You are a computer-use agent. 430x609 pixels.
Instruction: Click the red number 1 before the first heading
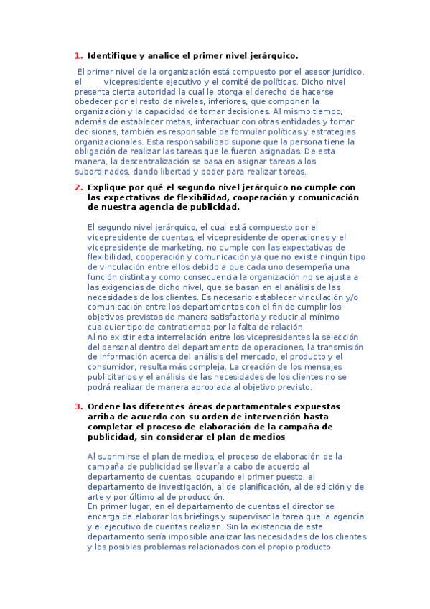pyautogui.click(x=78, y=55)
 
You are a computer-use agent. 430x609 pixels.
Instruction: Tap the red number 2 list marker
pyautogui.click(x=78, y=187)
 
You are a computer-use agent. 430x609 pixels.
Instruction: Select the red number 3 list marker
pyautogui.click(x=78, y=406)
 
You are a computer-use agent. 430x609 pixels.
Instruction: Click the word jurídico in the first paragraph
pyautogui.click(x=347, y=72)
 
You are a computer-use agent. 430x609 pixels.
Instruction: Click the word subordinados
pyautogui.click(x=102, y=172)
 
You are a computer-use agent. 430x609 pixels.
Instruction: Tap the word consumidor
pyautogui.click(x=113, y=367)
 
